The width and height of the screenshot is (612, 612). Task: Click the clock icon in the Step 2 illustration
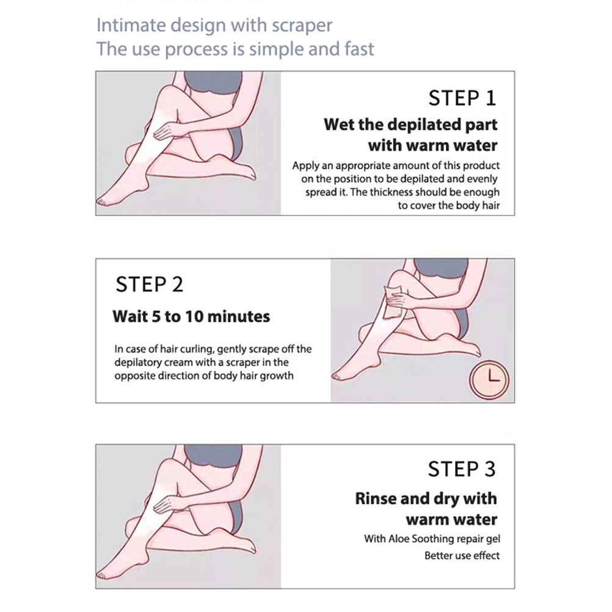tap(489, 379)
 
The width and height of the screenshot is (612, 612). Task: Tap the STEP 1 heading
tap(462, 98)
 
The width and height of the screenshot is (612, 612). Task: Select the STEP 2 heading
tap(149, 284)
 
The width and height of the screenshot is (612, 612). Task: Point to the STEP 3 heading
tap(462, 468)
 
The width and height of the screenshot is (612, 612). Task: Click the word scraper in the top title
tap(302, 26)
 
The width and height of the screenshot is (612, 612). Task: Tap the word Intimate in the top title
tap(131, 25)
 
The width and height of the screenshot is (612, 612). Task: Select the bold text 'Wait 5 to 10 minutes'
tap(191, 316)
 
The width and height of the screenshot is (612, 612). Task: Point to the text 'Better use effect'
tap(462, 555)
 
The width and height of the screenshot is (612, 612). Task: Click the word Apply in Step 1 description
tap(305, 166)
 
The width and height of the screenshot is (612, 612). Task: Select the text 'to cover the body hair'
tap(449, 205)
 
